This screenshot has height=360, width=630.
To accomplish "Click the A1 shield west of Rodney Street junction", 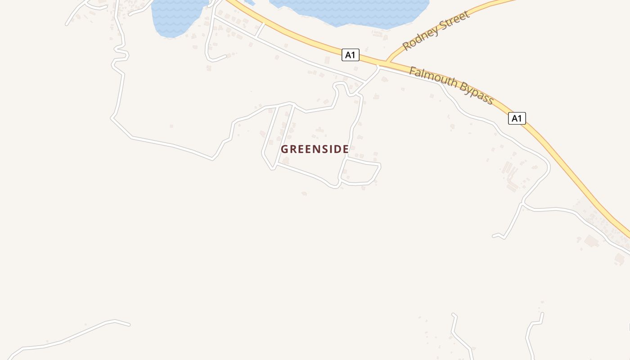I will [351, 55].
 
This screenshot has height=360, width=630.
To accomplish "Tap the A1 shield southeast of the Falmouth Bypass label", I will [517, 118].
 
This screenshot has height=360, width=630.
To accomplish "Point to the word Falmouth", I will [434, 78].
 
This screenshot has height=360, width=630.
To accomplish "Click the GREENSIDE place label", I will [315, 149].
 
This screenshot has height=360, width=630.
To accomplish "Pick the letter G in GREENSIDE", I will [284, 149].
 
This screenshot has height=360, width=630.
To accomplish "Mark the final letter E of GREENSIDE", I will [345, 149].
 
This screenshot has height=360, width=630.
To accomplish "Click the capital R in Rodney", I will [407, 45].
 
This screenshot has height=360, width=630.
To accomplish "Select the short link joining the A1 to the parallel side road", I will [260, 30].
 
